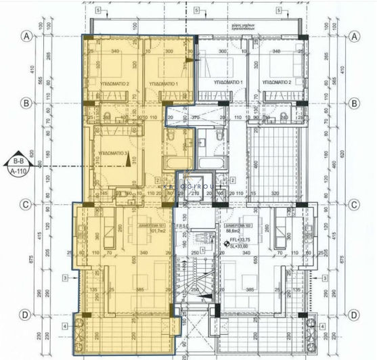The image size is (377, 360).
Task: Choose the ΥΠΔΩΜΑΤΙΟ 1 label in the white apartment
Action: pyautogui.click(x=227, y=82)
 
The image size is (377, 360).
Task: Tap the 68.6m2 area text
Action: pyautogui.click(x=234, y=231)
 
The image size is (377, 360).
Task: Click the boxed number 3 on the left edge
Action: pyautogui.click(x=65, y=277)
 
